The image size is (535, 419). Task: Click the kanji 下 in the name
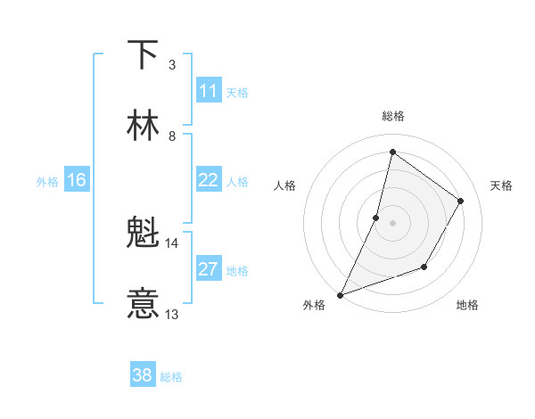click(143, 55)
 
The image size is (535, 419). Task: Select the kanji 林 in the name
click(143, 126)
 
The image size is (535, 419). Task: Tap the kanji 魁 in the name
click(143, 234)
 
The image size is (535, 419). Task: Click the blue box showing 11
click(209, 91)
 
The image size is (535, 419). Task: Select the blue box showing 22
click(209, 180)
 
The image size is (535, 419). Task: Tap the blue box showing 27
click(209, 269)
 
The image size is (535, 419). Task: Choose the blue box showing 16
click(77, 181)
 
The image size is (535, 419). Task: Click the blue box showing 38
click(143, 375)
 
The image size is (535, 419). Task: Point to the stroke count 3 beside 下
click(171, 64)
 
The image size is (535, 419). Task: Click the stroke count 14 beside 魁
click(171, 242)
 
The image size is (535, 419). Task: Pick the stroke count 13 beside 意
click(171, 314)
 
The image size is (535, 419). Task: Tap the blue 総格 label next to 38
click(171, 377)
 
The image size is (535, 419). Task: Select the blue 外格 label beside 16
click(47, 182)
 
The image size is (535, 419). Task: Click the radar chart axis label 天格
click(502, 185)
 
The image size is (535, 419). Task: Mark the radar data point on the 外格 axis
click(340, 294)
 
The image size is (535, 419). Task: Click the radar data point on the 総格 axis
click(392, 152)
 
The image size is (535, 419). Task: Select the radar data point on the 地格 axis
click(424, 267)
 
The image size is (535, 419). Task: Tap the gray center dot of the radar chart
click(392, 222)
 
